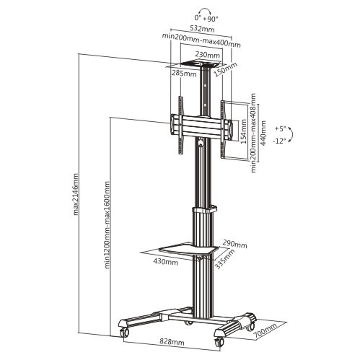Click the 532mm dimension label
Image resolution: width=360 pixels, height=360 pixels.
point(202,29)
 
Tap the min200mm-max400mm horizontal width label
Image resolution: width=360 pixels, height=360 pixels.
point(201,40)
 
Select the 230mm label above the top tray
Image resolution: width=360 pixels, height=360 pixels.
point(207,55)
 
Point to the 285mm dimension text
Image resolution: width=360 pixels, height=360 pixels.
point(184,73)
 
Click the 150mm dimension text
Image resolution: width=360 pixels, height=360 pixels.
point(225,69)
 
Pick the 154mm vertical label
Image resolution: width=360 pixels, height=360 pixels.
point(243,131)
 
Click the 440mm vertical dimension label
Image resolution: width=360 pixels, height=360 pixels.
point(263,133)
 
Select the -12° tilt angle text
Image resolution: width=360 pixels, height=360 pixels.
point(279,141)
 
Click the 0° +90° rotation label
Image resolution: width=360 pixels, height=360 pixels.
point(206,19)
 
